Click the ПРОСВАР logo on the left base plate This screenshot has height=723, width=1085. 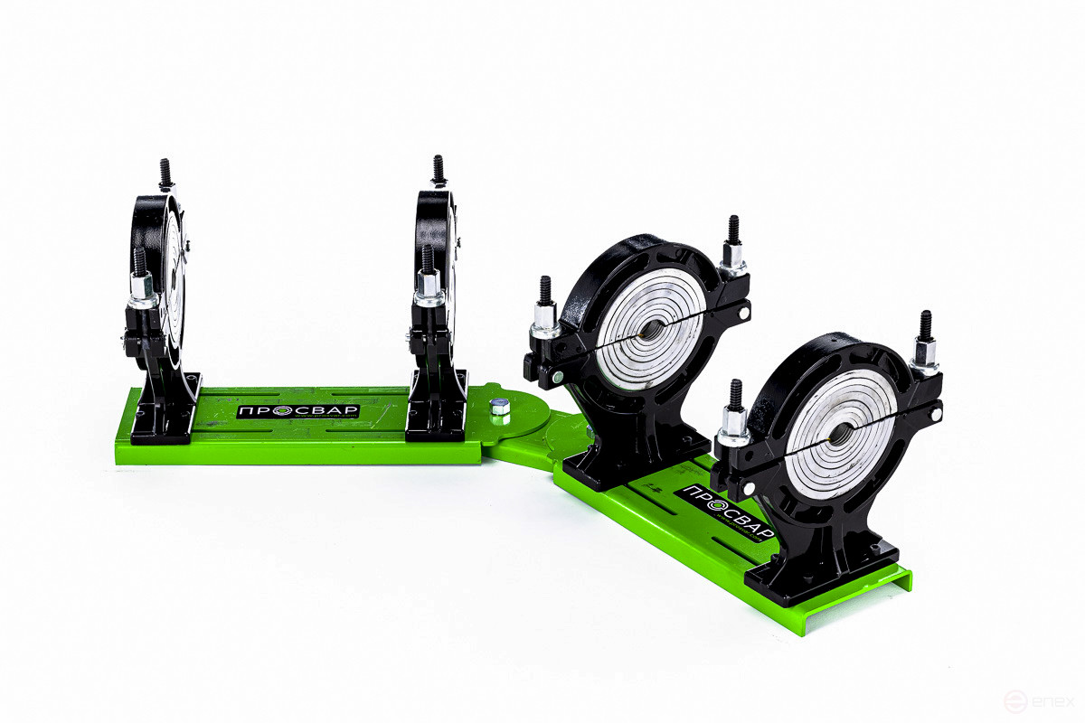click(299, 411)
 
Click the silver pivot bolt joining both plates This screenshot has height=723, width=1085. click(498, 408)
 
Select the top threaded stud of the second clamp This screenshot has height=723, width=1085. click(439, 169)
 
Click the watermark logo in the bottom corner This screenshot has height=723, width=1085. click(1041, 701)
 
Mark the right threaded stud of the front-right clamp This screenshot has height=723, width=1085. click(925, 329)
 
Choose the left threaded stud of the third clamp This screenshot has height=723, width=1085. click(545, 292)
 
